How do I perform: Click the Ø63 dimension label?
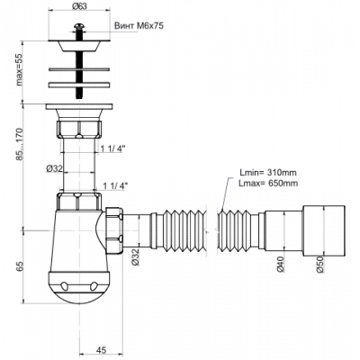click(79, 5)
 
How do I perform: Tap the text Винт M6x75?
click(139, 26)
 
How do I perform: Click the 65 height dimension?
click(20, 266)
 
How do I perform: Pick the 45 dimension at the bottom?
click(101, 350)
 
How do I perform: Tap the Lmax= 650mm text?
click(268, 183)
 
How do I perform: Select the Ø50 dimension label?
click(319, 265)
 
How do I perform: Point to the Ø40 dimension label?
click(281, 265)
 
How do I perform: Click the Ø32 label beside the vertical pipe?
click(54, 169)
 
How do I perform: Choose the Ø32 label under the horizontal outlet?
click(135, 256)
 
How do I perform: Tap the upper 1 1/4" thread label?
click(112, 148)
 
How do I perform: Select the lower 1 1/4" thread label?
click(115, 185)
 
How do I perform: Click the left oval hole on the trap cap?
click(64, 285)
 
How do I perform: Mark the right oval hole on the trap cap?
click(94, 285)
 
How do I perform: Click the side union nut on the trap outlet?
click(114, 230)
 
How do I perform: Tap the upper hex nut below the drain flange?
click(79, 129)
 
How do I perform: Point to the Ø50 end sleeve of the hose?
click(324, 230)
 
